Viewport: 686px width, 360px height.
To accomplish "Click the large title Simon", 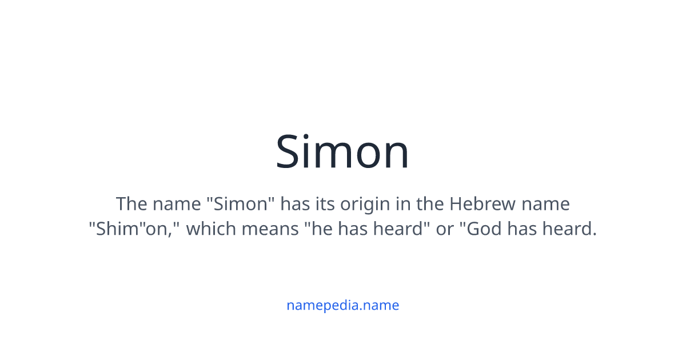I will (x=342, y=152).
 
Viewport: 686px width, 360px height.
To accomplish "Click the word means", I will (x=268, y=229).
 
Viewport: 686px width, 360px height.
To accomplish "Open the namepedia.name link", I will (x=342, y=305).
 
